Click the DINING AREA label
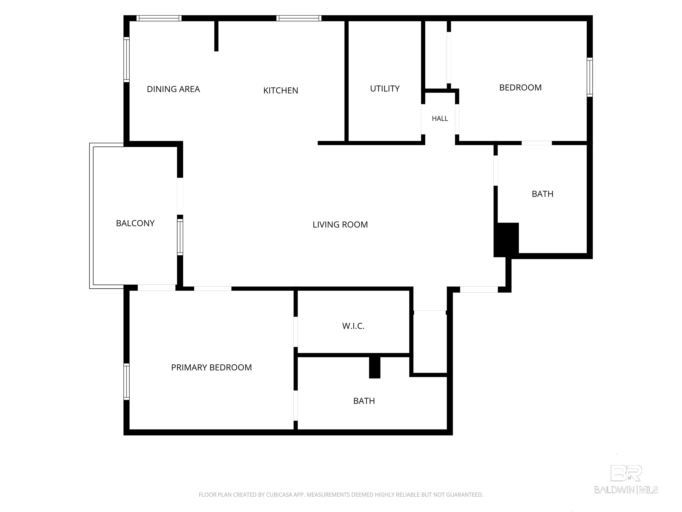[x=173, y=89]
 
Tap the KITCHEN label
[x=281, y=90]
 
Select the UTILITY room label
[x=385, y=89]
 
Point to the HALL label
[x=440, y=118]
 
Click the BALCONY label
[x=135, y=223]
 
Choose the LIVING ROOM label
[x=340, y=225]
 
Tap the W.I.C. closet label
[x=353, y=326]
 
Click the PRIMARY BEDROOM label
[x=212, y=367]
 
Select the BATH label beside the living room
[x=543, y=194]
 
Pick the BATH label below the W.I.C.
[x=364, y=401]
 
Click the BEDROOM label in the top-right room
[x=520, y=88]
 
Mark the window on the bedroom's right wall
[x=589, y=77]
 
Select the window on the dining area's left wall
[x=126, y=60]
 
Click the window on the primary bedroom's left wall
[x=126, y=382]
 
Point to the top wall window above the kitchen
[x=299, y=18]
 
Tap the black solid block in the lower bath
[x=375, y=368]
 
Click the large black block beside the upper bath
[x=506, y=240]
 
